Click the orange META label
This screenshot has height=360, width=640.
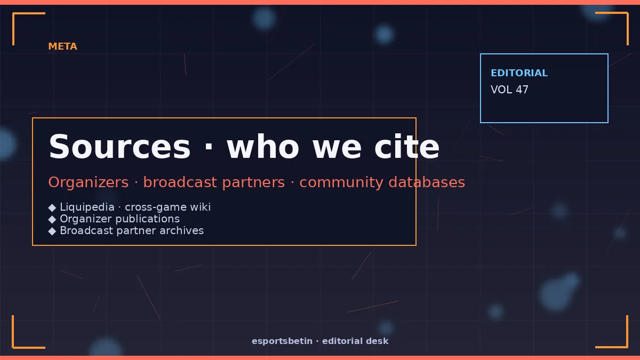62,46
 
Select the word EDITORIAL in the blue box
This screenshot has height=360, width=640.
519,73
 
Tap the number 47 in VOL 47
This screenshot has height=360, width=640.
522,90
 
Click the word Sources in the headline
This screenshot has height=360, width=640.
119,147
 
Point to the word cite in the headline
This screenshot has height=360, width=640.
407,147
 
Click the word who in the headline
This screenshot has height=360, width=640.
263,147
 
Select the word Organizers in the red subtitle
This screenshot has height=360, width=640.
89,182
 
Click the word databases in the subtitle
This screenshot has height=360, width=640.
427,182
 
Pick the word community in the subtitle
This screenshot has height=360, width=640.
341,183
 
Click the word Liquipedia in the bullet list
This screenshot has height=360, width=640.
87,207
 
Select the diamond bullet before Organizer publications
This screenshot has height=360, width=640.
52,219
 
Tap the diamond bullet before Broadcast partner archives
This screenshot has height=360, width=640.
52,231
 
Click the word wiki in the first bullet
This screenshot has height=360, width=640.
201,207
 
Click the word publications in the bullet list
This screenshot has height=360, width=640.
148,219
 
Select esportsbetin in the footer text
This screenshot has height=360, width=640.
282,341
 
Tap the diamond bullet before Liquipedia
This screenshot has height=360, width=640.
52,207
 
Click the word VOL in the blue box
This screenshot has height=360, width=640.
501,90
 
